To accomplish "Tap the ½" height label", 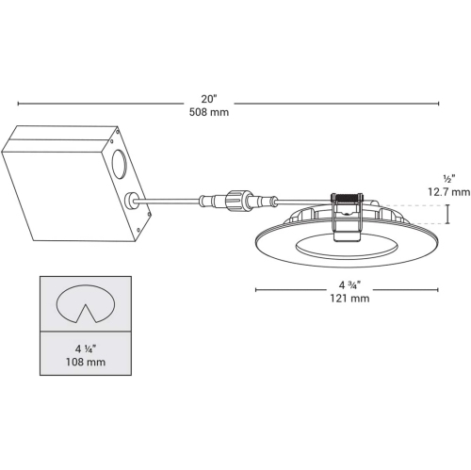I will (448, 177).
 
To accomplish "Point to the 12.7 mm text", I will (447, 191).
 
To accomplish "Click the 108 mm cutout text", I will (83, 361).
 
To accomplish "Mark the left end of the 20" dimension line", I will (18, 104).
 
